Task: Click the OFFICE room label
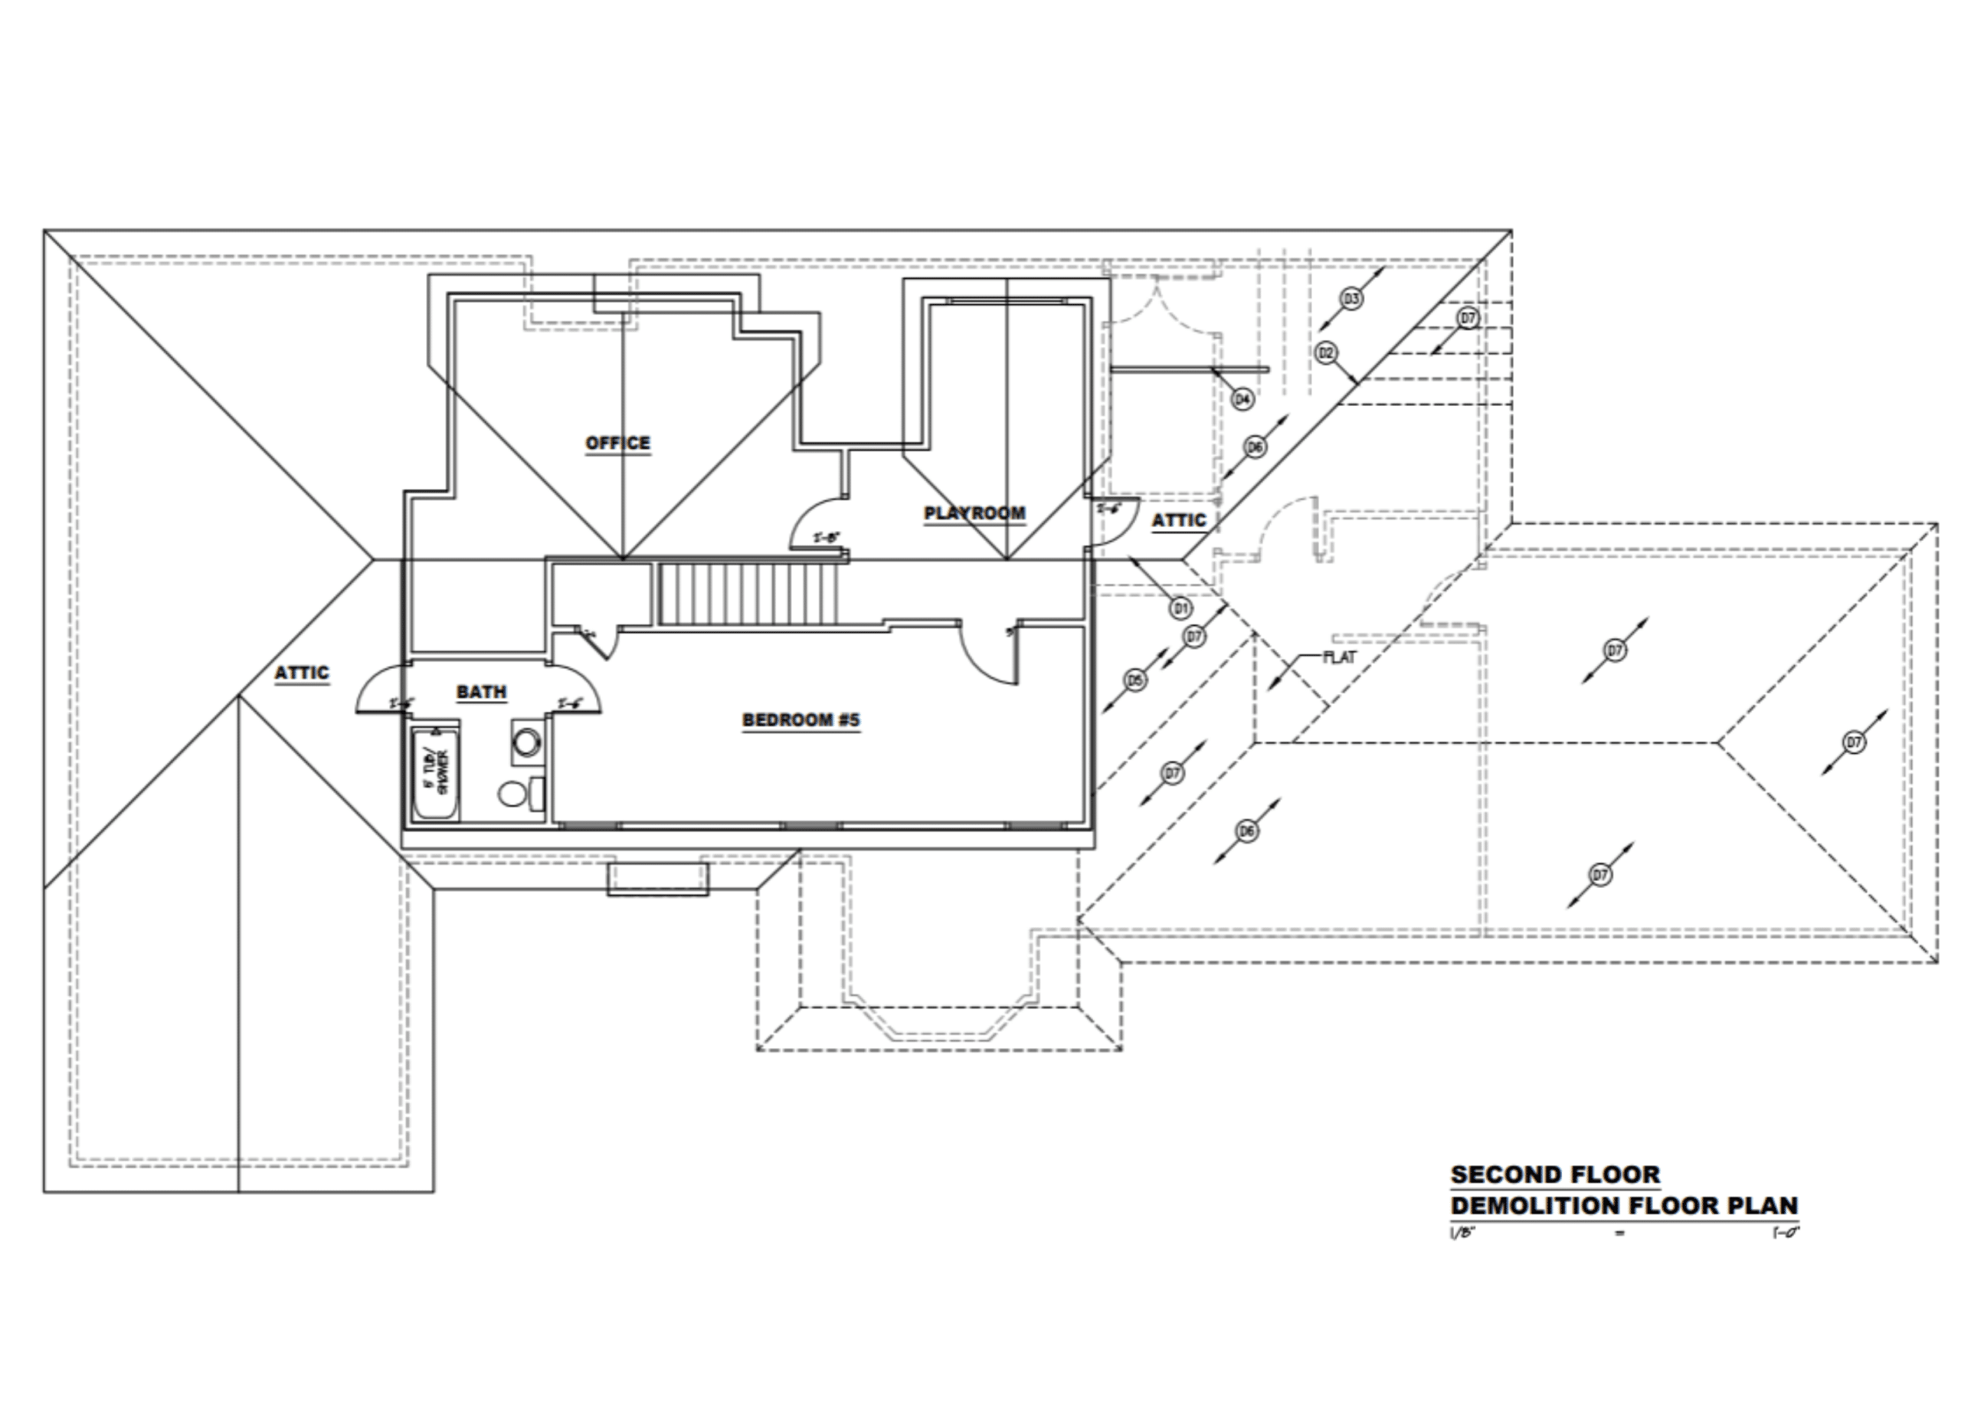[617, 444]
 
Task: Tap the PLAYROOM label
[974, 513]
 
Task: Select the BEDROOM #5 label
[800, 720]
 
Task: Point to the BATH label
[482, 693]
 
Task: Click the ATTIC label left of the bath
[302, 673]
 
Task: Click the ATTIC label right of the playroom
[1178, 520]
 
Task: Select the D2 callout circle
[1326, 352]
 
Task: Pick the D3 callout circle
[1351, 299]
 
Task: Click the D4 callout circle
[1242, 399]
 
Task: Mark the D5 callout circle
[1135, 680]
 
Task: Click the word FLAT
[1341, 657]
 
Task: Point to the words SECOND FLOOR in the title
[1554, 1175]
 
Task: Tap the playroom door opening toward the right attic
[1113, 523]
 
